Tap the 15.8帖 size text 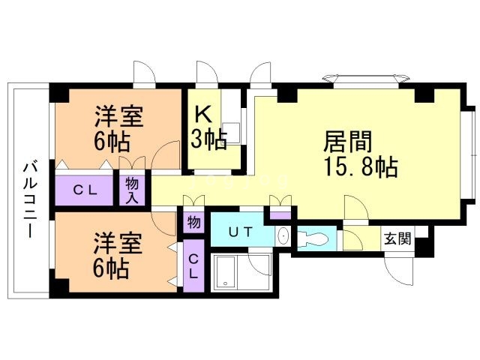(360, 166)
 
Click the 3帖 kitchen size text (209, 139)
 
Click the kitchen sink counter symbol (232, 133)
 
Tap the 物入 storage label (133, 189)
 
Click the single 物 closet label (192, 223)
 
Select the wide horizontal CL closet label (84, 190)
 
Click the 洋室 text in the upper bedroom (119, 117)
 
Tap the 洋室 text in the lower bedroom (118, 244)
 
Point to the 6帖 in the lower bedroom (110, 268)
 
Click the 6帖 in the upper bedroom (110, 141)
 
